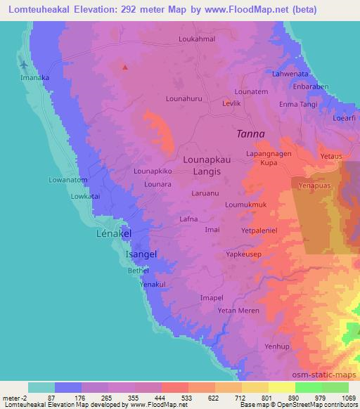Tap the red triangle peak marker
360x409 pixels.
point(125,67)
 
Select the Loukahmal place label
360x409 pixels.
point(197,39)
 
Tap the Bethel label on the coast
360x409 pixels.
point(138,269)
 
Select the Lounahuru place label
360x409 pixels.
point(185,99)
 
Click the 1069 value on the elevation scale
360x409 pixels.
point(349,398)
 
